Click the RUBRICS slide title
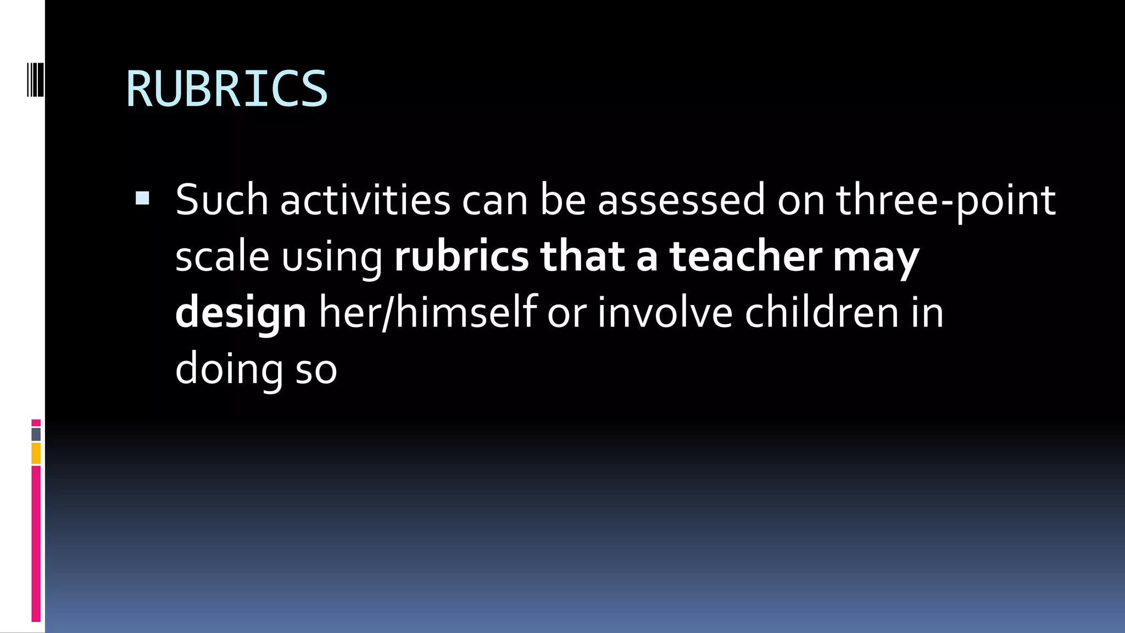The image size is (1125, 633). pos(226,88)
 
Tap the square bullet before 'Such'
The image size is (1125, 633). pos(142,198)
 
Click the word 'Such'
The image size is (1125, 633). pos(221,200)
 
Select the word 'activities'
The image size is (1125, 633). pos(365,200)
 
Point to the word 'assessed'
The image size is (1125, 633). pos(681,200)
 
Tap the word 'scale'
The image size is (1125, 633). pos(222,257)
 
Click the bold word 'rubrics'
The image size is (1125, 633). pos(461,257)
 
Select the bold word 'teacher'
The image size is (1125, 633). pos(745,257)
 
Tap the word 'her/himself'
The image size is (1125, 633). pos(428,312)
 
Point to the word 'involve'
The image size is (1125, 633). pos(665,312)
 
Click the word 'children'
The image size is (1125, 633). pos(822,312)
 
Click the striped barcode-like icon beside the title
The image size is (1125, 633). pos(35,80)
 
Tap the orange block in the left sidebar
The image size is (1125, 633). pos(36,454)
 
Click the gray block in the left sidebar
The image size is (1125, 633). pos(36,434)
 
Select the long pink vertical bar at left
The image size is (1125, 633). pos(36,544)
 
